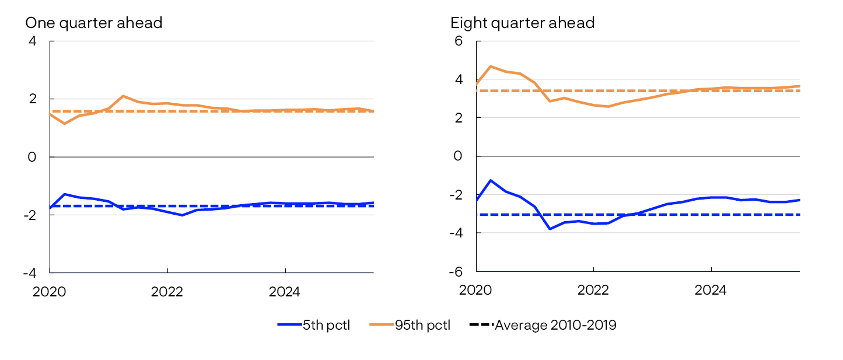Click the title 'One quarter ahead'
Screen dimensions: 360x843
click(93, 23)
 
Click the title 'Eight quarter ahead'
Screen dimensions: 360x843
click(522, 23)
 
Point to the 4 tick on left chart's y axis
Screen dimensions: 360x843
click(32, 41)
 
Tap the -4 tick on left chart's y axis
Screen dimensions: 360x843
click(29, 272)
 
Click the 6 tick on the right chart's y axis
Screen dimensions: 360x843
click(458, 41)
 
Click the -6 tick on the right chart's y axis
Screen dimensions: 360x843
click(456, 272)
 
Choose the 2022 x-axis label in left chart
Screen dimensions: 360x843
click(167, 291)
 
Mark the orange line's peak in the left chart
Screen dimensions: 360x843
click(123, 96)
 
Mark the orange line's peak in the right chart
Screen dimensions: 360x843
click(491, 67)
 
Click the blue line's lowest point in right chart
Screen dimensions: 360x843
click(550, 229)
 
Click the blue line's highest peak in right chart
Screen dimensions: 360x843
click(491, 180)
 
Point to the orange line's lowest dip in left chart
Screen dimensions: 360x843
click(64, 124)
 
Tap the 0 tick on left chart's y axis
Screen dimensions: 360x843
click(32, 157)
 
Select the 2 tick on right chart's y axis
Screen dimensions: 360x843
click(458, 118)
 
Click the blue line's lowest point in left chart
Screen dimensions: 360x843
click(182, 215)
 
